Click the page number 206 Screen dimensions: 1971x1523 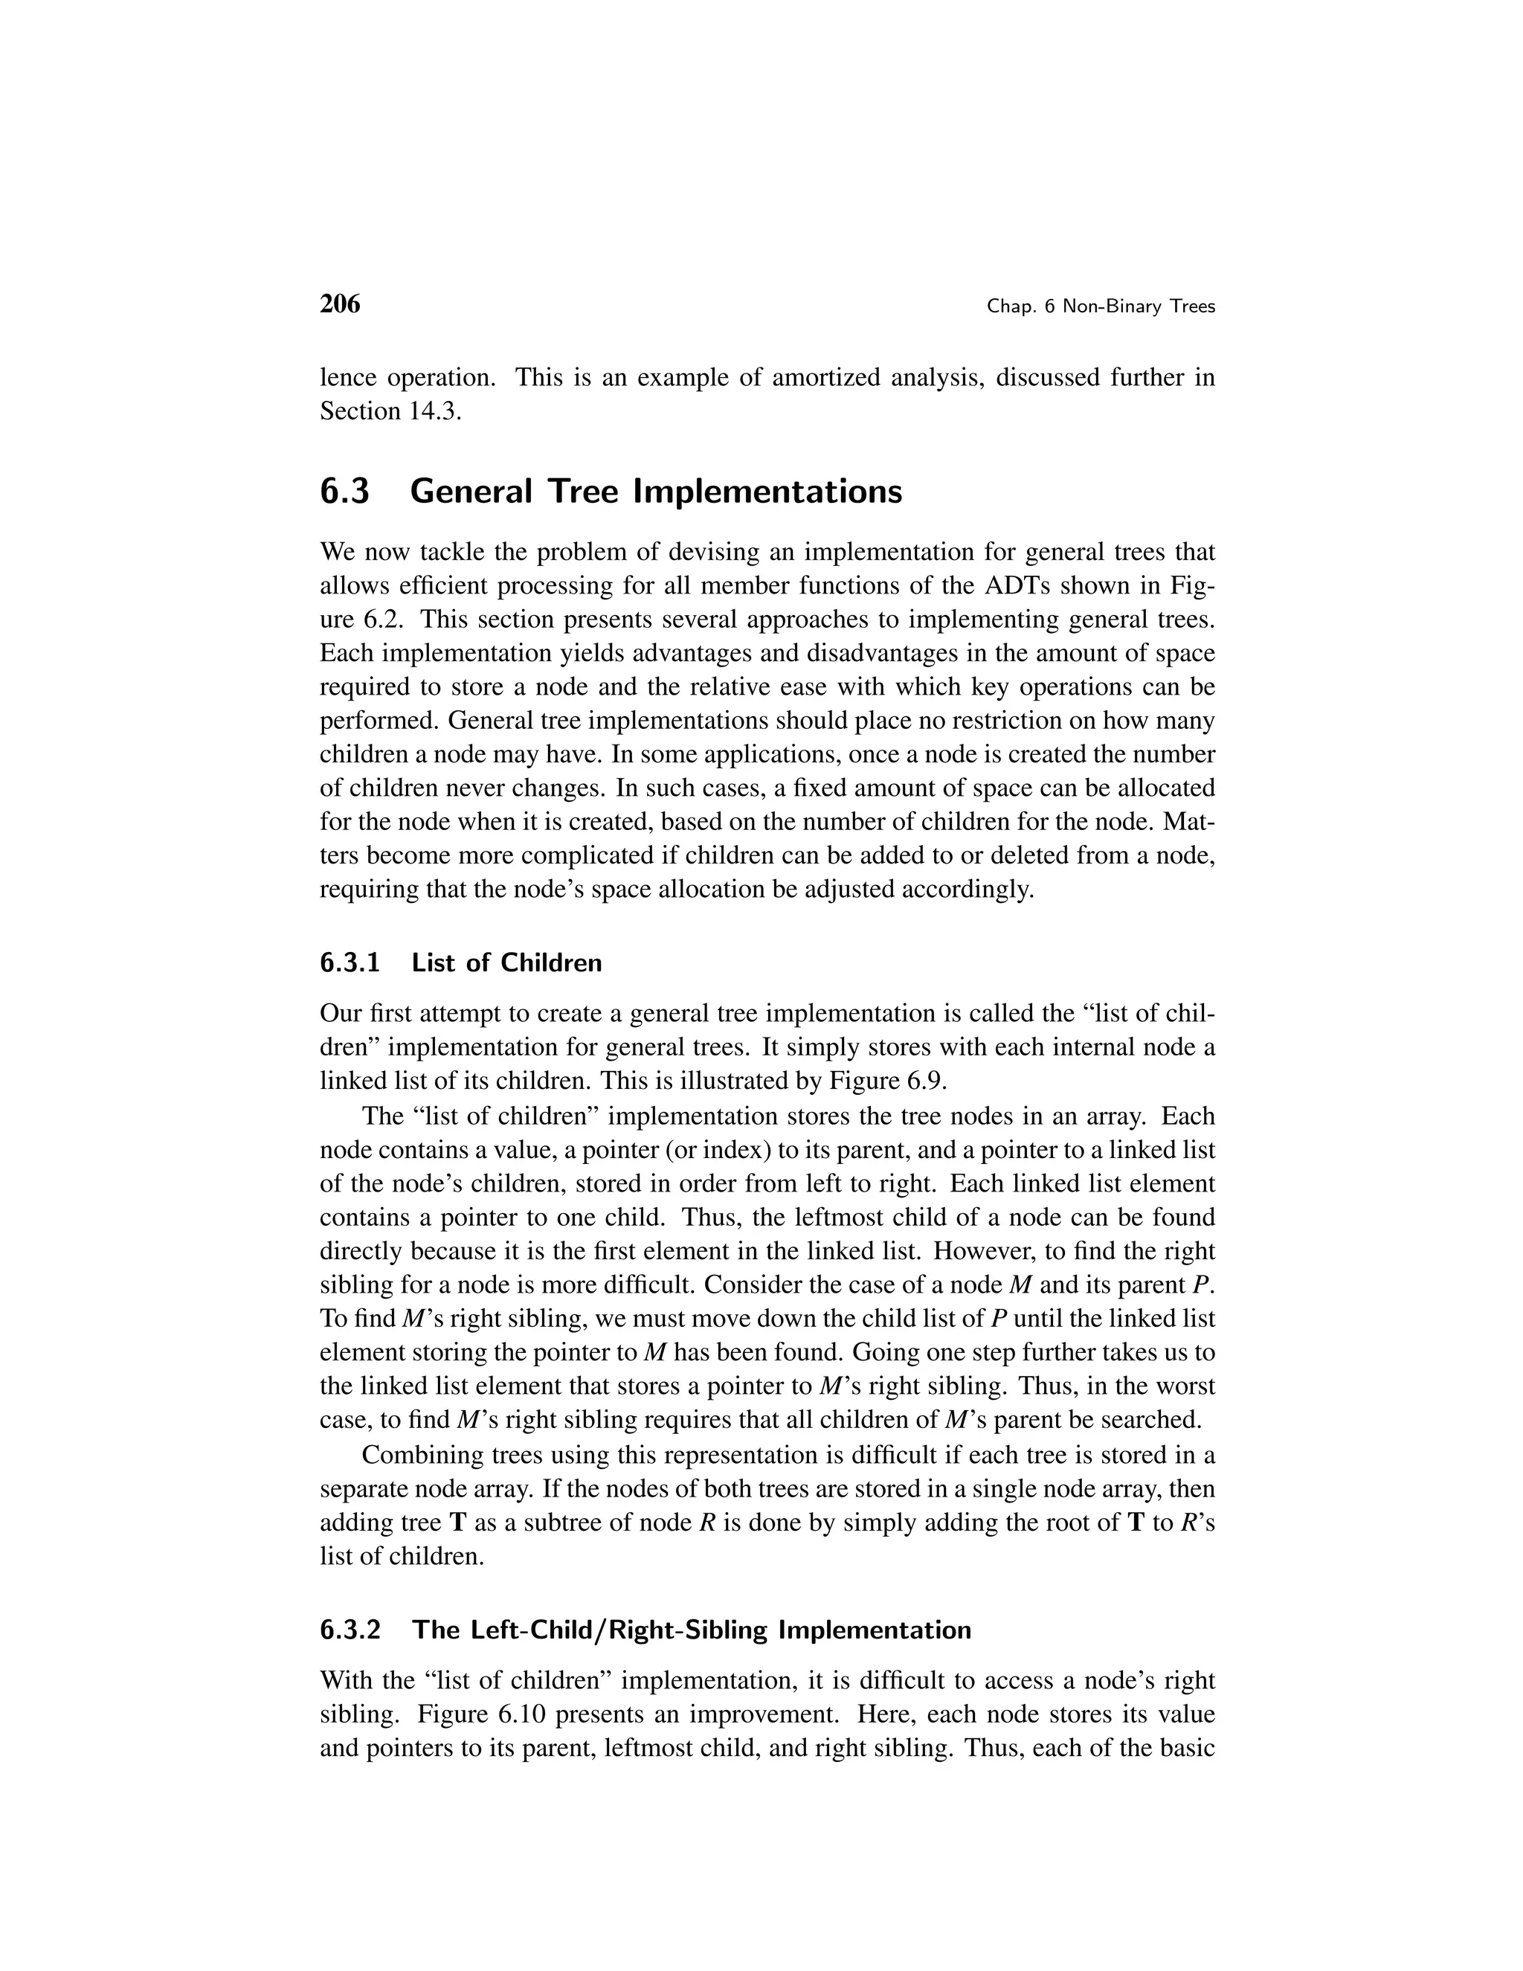click(x=339, y=305)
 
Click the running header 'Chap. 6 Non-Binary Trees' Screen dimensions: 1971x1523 click(x=1101, y=307)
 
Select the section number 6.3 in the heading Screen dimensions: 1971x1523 click(x=344, y=492)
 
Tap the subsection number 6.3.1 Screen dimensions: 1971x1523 click(x=350, y=963)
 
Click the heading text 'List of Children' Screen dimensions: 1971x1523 click(x=506, y=963)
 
